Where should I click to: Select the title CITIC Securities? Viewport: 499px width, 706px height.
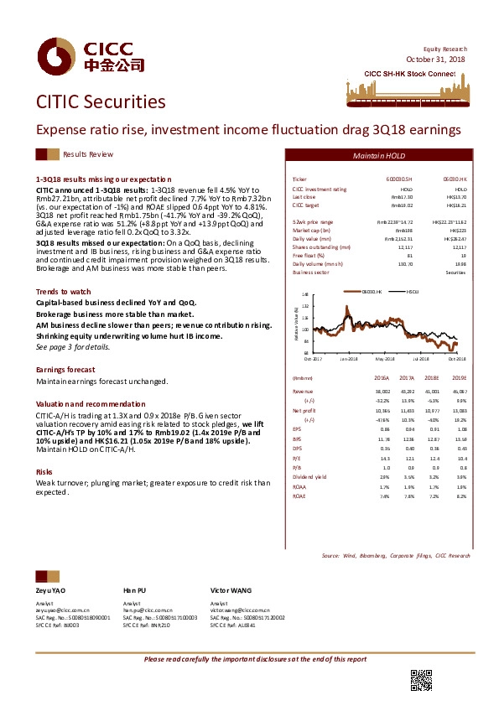click(101, 102)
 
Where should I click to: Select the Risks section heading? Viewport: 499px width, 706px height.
click(44, 472)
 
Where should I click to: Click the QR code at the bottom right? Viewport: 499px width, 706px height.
click(420, 679)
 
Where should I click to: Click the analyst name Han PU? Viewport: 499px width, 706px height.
click(134, 590)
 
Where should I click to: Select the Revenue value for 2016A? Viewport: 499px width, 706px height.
click(382, 391)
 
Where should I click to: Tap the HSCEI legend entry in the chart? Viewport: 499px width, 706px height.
click(410, 292)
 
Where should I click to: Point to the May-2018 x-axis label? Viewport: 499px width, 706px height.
click(384, 358)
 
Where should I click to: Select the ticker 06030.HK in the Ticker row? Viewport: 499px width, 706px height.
click(454, 180)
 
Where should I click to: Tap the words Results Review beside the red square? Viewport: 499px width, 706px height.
click(88, 155)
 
